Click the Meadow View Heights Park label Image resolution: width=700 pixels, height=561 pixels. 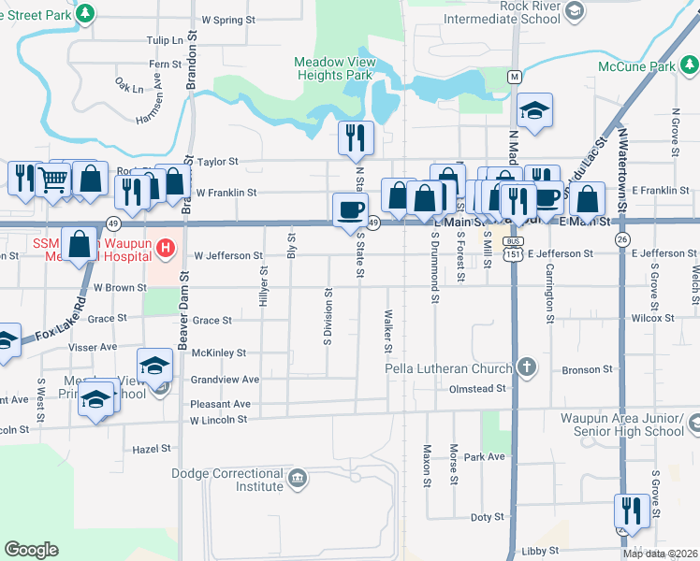(x=334, y=68)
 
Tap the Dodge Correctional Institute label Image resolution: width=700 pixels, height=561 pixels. (x=227, y=480)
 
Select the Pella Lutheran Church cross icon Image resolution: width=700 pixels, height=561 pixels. (x=527, y=367)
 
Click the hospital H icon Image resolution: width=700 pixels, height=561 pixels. (x=166, y=248)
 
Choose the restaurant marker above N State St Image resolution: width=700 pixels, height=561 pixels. (x=356, y=137)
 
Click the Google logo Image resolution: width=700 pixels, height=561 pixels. (x=31, y=550)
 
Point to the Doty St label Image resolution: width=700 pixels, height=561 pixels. (x=481, y=517)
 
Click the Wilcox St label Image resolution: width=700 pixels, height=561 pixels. (x=653, y=318)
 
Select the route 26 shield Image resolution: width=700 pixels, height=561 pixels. (x=622, y=239)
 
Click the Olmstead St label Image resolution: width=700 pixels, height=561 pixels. (x=477, y=389)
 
